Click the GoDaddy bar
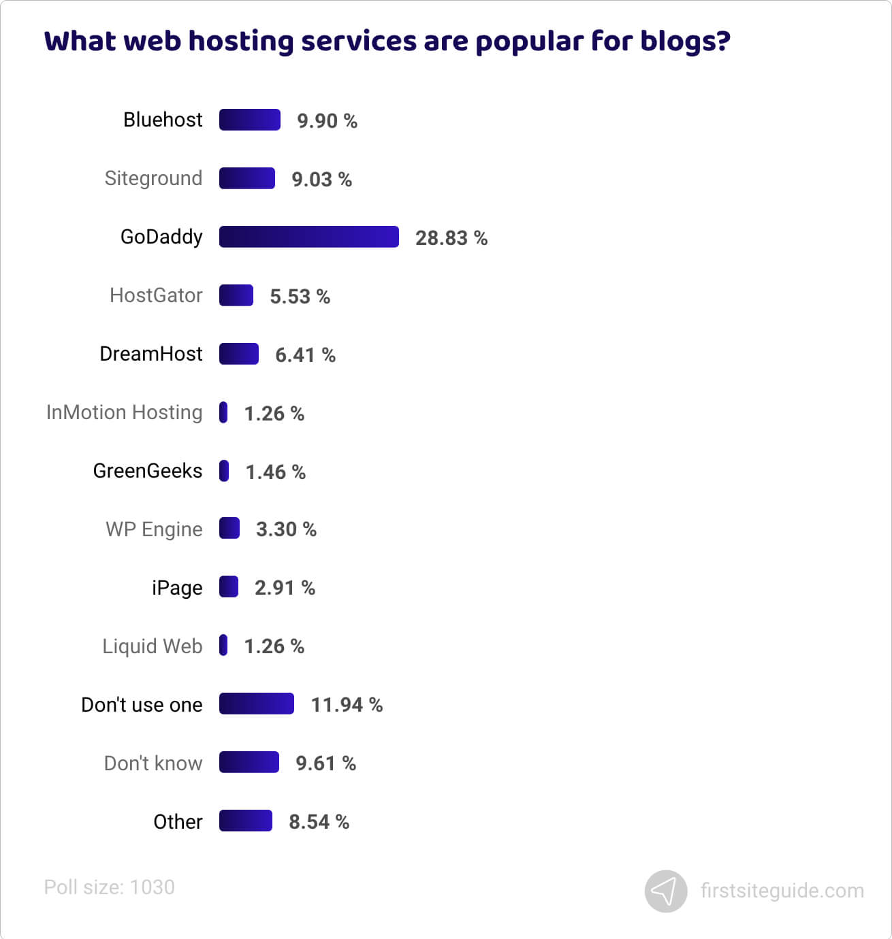click(x=308, y=237)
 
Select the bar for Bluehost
click(x=249, y=120)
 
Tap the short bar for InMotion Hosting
click(x=223, y=412)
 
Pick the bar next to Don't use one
click(x=256, y=704)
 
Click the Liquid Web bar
click(x=223, y=645)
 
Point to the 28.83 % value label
click(x=451, y=238)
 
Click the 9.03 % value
click(x=321, y=180)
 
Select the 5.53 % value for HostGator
click(x=300, y=297)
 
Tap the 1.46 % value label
click(x=275, y=472)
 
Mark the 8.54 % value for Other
click(x=319, y=822)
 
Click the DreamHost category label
click(x=150, y=354)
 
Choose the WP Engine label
click(x=154, y=529)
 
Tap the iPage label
click(x=177, y=588)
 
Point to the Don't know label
click(x=153, y=763)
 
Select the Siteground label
click(x=153, y=178)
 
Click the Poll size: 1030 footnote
click(x=109, y=887)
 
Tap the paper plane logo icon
click(x=665, y=891)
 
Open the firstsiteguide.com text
click(x=782, y=891)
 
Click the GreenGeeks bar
click(x=224, y=471)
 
